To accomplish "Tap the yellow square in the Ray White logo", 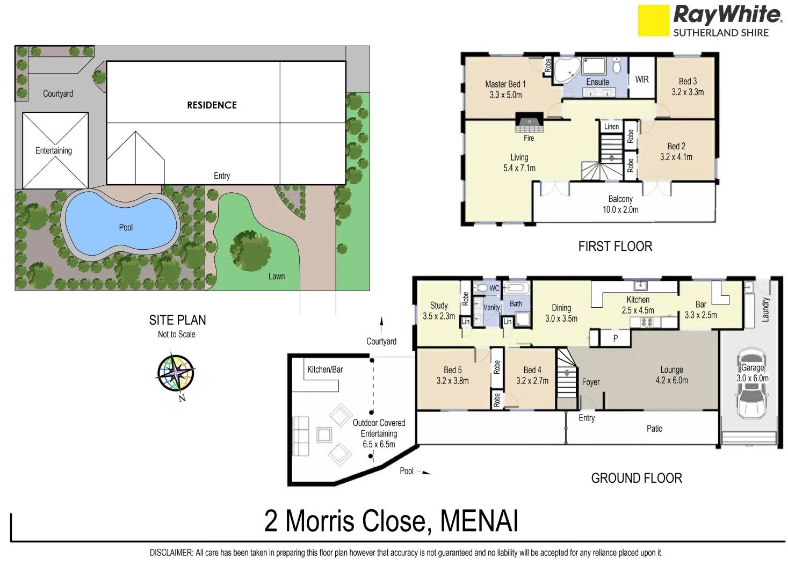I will [653, 20].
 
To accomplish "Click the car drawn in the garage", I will [751, 384].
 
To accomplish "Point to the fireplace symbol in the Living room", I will [529, 123].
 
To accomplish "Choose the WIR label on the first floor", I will [642, 79].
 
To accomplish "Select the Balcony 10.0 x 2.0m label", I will [620, 204].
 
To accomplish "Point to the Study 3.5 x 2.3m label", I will [439, 310].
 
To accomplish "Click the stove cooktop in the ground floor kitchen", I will [647, 322].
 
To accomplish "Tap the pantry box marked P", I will [616, 338].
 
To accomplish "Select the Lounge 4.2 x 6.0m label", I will [671, 375].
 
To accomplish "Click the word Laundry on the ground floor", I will [766, 309].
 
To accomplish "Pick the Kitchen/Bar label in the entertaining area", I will [324, 369].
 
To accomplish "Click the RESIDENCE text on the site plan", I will [212, 105].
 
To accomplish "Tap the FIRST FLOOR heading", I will [615, 247].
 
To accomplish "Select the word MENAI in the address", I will [479, 521].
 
